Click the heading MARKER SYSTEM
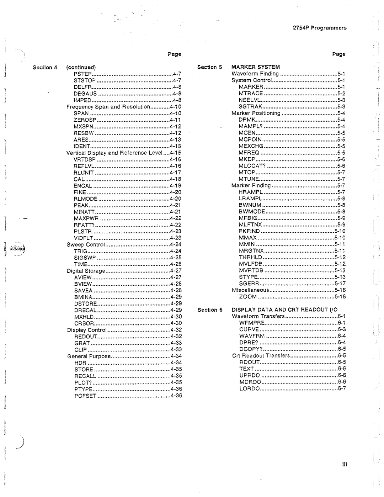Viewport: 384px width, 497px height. (x=256, y=67)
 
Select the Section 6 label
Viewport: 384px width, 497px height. (x=210, y=310)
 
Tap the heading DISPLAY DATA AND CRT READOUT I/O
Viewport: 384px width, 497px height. (x=284, y=310)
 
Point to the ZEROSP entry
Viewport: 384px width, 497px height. (x=85, y=120)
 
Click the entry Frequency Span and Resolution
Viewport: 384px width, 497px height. (x=108, y=107)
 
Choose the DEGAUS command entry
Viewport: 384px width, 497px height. (x=85, y=94)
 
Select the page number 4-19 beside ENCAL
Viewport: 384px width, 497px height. (x=175, y=186)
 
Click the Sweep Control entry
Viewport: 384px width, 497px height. (x=86, y=245)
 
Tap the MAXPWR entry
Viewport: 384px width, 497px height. (x=86, y=218)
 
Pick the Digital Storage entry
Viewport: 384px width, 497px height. (x=86, y=271)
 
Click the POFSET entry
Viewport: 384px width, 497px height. (x=85, y=396)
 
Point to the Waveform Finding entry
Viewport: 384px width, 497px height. (x=255, y=74)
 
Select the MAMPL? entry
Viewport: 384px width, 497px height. (x=250, y=126)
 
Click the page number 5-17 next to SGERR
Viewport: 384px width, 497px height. (x=340, y=284)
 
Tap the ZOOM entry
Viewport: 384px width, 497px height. (x=248, y=297)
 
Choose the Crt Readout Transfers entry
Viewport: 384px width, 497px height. (x=261, y=356)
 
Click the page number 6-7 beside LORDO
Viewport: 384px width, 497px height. (x=342, y=388)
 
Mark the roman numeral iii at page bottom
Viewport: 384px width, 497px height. (x=344, y=464)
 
